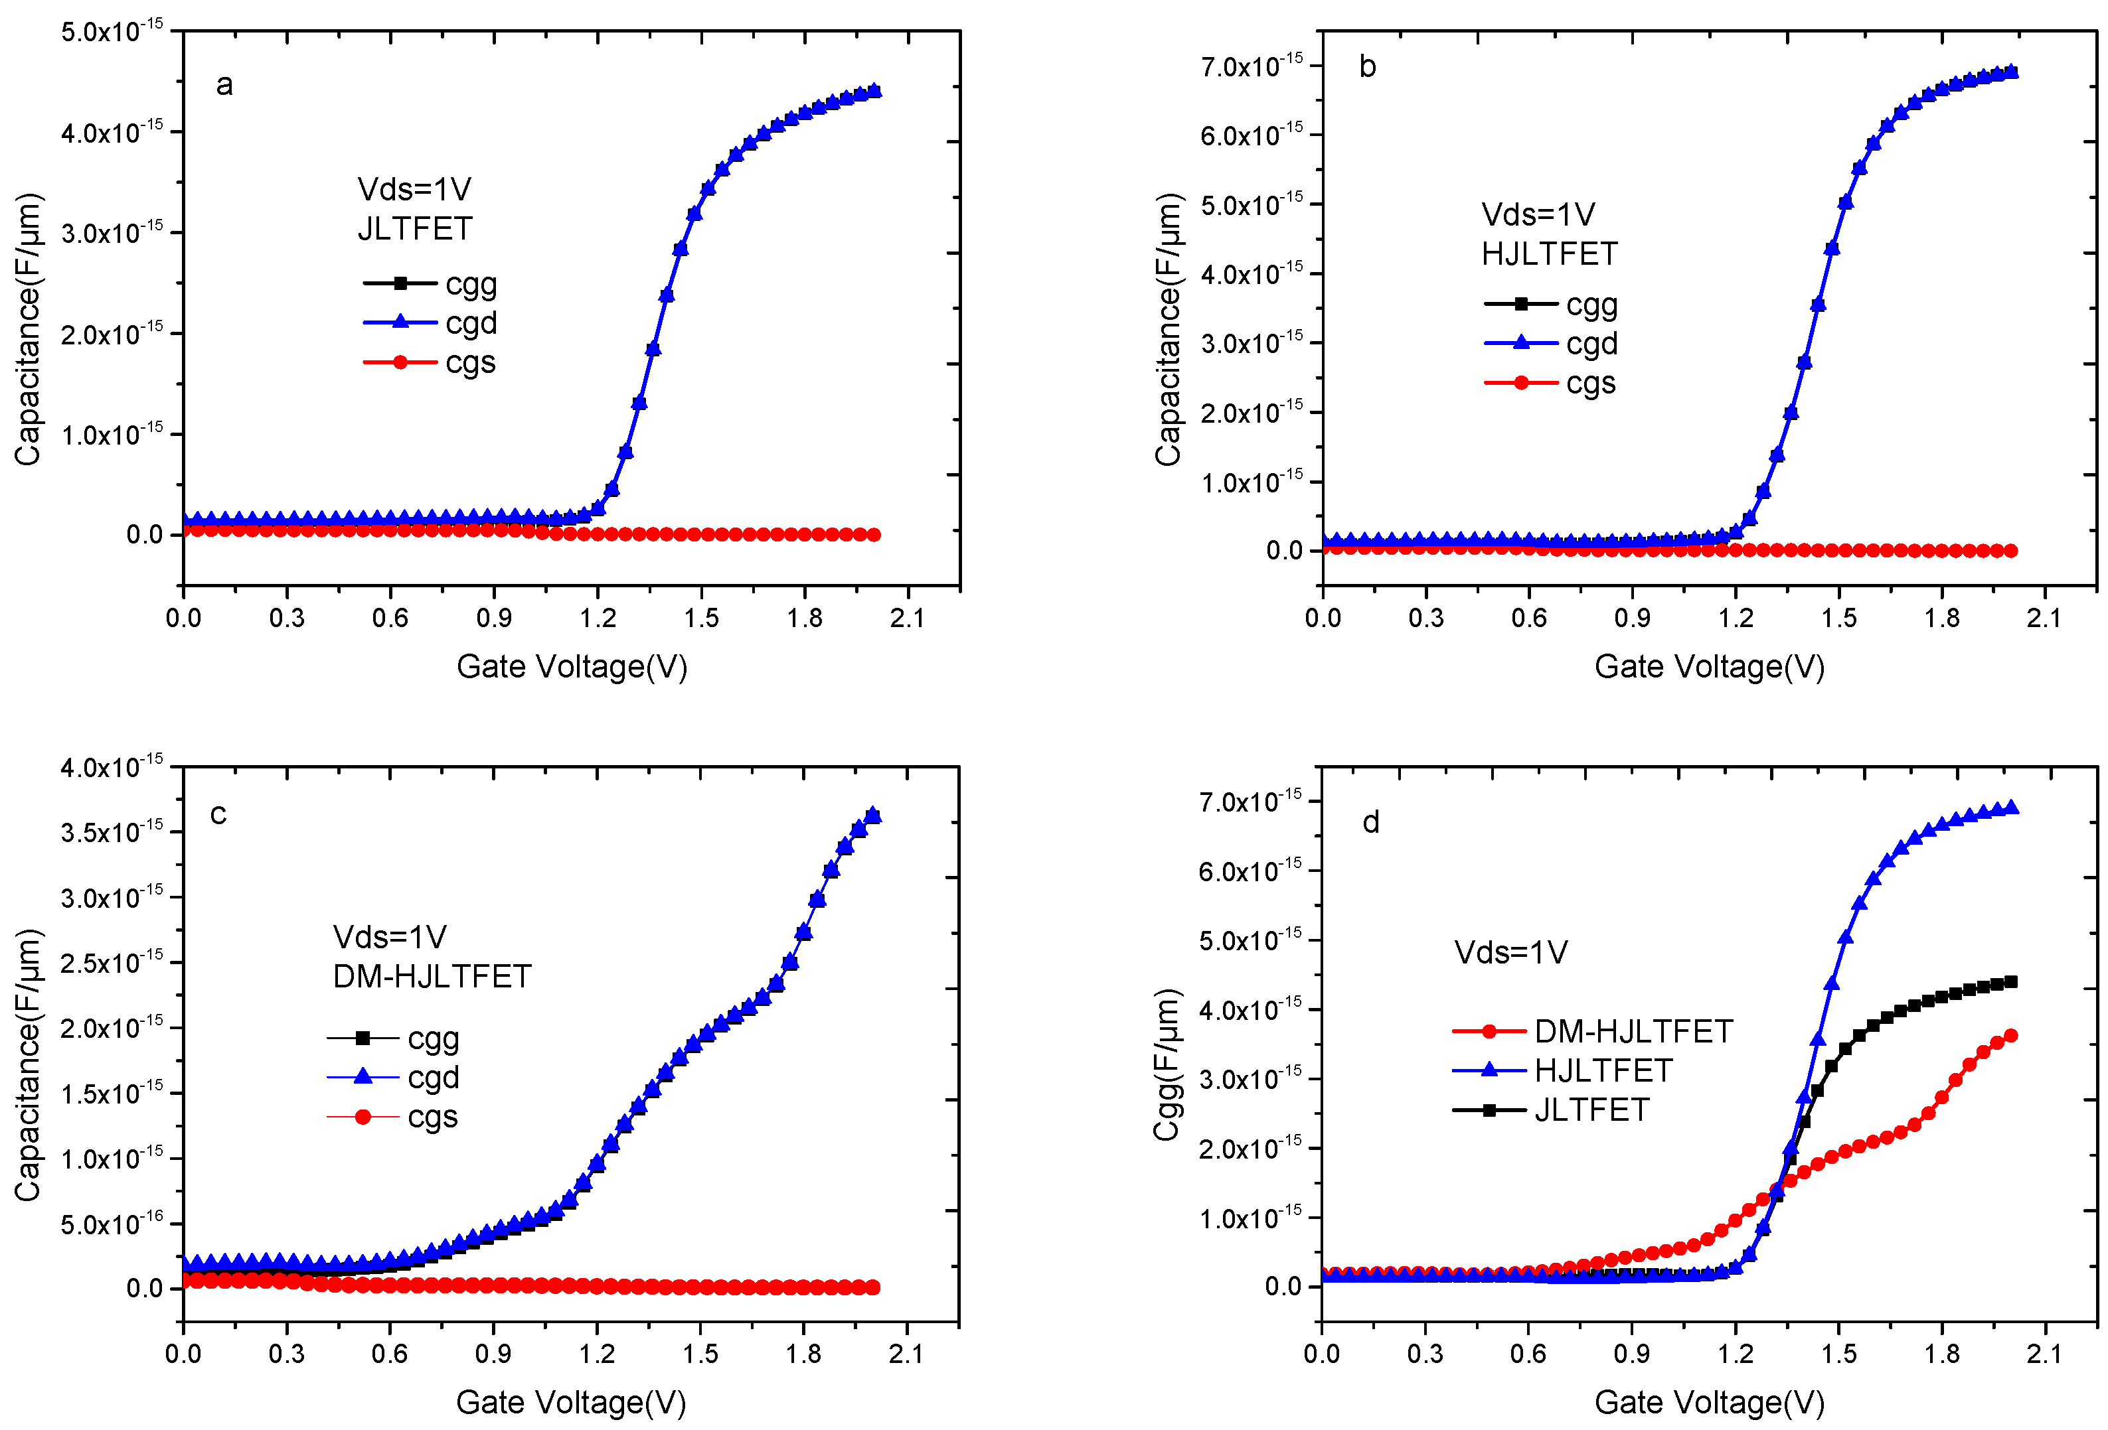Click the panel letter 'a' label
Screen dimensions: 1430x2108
(x=224, y=85)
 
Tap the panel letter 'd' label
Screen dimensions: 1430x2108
(x=1370, y=822)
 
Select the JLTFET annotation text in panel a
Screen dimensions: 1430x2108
(x=414, y=228)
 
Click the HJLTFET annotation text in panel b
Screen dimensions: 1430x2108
(x=1548, y=254)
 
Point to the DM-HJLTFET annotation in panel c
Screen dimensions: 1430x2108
(x=432, y=977)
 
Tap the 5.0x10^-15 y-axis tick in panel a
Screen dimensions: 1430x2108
(x=112, y=33)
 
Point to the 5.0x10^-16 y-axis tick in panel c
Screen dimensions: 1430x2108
(x=112, y=1224)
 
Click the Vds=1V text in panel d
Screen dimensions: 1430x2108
(x=1510, y=952)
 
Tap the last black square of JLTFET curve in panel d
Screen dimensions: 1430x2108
(x=2010, y=981)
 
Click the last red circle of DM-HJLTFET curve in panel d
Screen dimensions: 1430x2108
(x=2010, y=1036)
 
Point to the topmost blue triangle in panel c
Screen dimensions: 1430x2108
(x=872, y=814)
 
